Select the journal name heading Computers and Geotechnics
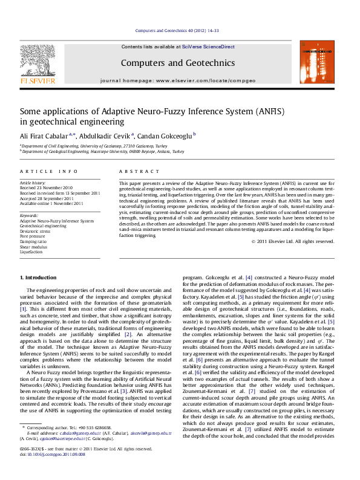(178, 62)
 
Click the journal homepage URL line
(178, 80)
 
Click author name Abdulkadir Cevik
(108, 135)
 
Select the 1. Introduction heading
(39, 277)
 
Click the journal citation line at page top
(177, 31)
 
